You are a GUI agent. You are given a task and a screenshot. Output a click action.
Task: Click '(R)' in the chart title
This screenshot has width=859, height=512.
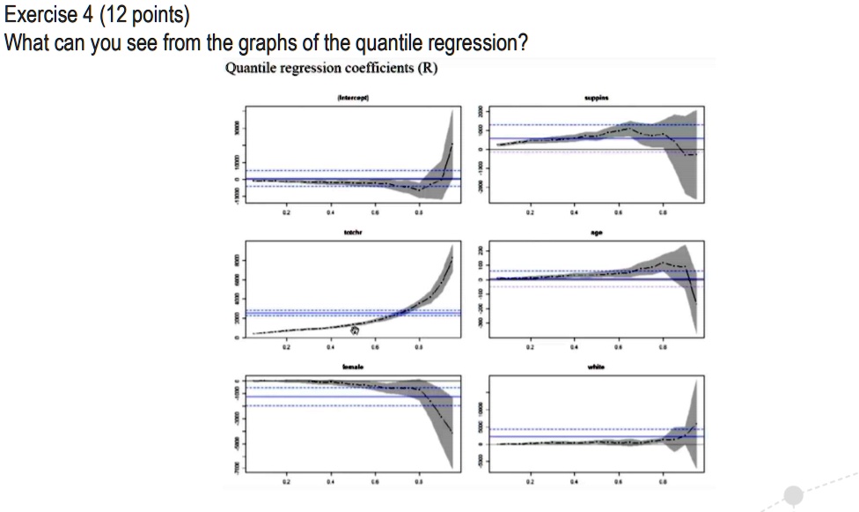[429, 69]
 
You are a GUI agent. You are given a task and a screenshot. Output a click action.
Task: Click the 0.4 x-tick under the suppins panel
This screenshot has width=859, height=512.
[575, 212]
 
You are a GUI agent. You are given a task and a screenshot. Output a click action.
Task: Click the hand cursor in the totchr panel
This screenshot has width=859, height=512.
[356, 330]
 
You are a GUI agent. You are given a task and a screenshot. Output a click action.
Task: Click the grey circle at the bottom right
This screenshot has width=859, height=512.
[794, 495]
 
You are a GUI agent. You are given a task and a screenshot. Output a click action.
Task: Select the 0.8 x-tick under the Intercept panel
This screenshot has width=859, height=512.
[420, 212]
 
